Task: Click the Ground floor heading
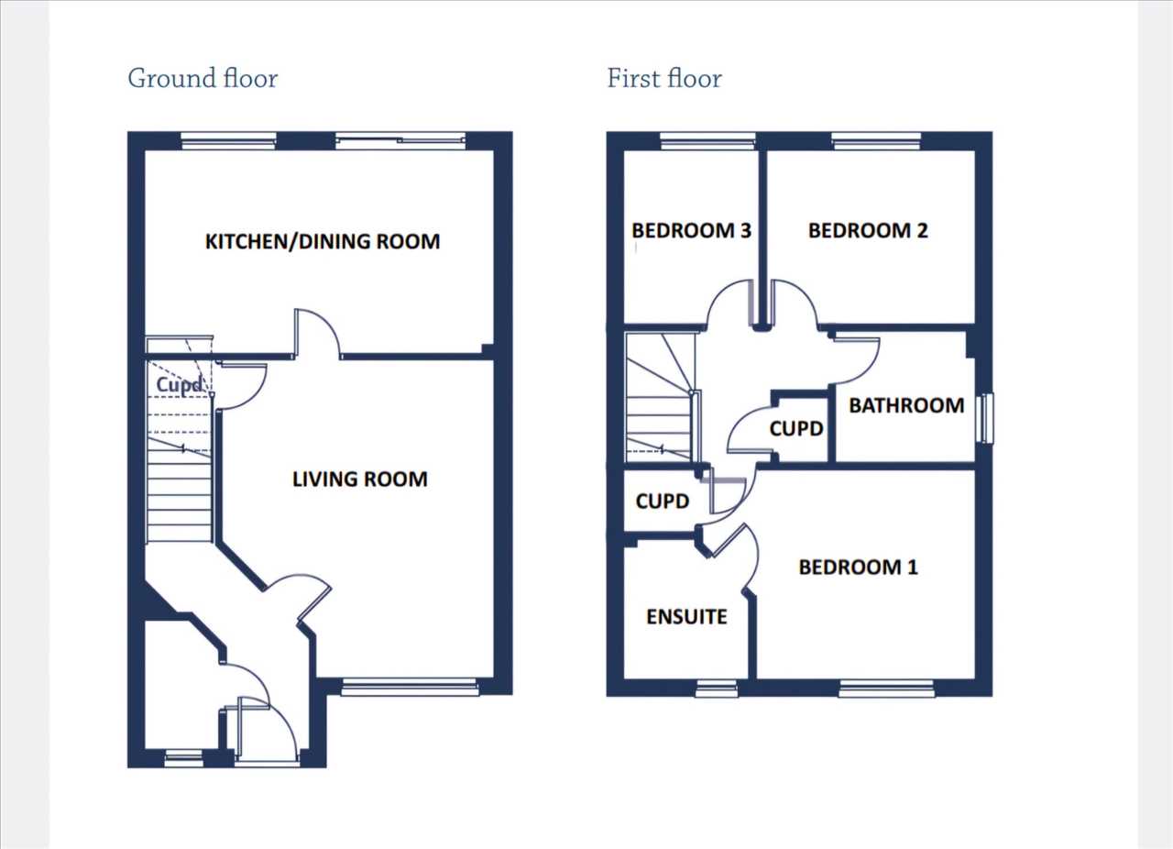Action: [203, 79]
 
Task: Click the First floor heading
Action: [664, 79]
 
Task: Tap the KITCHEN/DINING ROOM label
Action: [323, 242]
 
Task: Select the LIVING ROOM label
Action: [360, 479]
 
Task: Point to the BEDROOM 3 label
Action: [691, 231]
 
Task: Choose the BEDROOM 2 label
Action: [868, 231]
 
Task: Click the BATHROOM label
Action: [906, 405]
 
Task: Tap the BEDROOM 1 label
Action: [859, 567]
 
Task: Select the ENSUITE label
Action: [686, 617]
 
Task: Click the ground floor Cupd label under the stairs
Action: [179, 385]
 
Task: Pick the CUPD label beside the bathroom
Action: [796, 429]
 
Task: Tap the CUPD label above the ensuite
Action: [662, 502]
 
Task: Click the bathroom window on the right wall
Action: [987, 418]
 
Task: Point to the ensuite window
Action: [717, 689]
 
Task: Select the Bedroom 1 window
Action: [886, 689]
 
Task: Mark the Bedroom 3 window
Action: [707, 141]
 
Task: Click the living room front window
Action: [410, 689]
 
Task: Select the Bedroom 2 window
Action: [877, 141]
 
